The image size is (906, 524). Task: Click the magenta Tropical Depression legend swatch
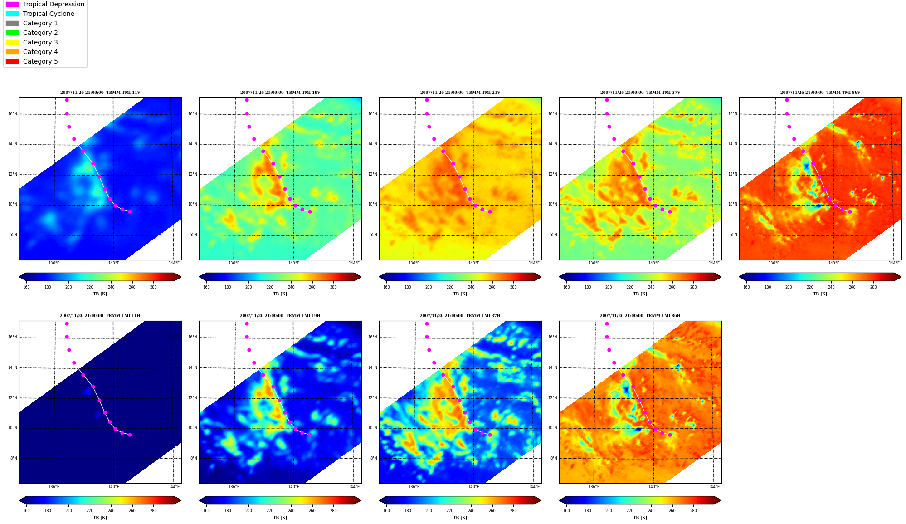[x=12, y=4]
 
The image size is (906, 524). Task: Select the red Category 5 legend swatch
[x=12, y=61]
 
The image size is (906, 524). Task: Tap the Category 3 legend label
[x=40, y=42]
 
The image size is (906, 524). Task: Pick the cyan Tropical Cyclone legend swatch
[x=12, y=14]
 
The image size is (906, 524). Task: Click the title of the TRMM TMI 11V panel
[x=100, y=93]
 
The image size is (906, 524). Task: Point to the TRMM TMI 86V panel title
[x=820, y=93]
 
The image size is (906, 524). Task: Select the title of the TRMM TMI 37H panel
[x=460, y=316]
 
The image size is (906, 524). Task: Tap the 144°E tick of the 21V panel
[x=534, y=263]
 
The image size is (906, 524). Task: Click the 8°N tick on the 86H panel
[x=554, y=458]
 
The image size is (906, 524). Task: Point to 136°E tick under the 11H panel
[x=54, y=487]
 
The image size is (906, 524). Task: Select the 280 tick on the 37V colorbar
[x=693, y=287]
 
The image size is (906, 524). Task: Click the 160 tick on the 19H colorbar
[x=206, y=511]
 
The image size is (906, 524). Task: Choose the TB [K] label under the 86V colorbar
[x=820, y=294]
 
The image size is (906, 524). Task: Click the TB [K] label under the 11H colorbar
[x=100, y=518]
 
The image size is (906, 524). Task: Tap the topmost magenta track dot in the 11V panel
[x=67, y=100]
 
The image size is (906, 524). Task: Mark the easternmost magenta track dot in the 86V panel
[x=850, y=211]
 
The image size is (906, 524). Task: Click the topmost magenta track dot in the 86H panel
[x=607, y=323]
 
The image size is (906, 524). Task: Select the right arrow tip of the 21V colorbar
[x=541, y=277]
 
